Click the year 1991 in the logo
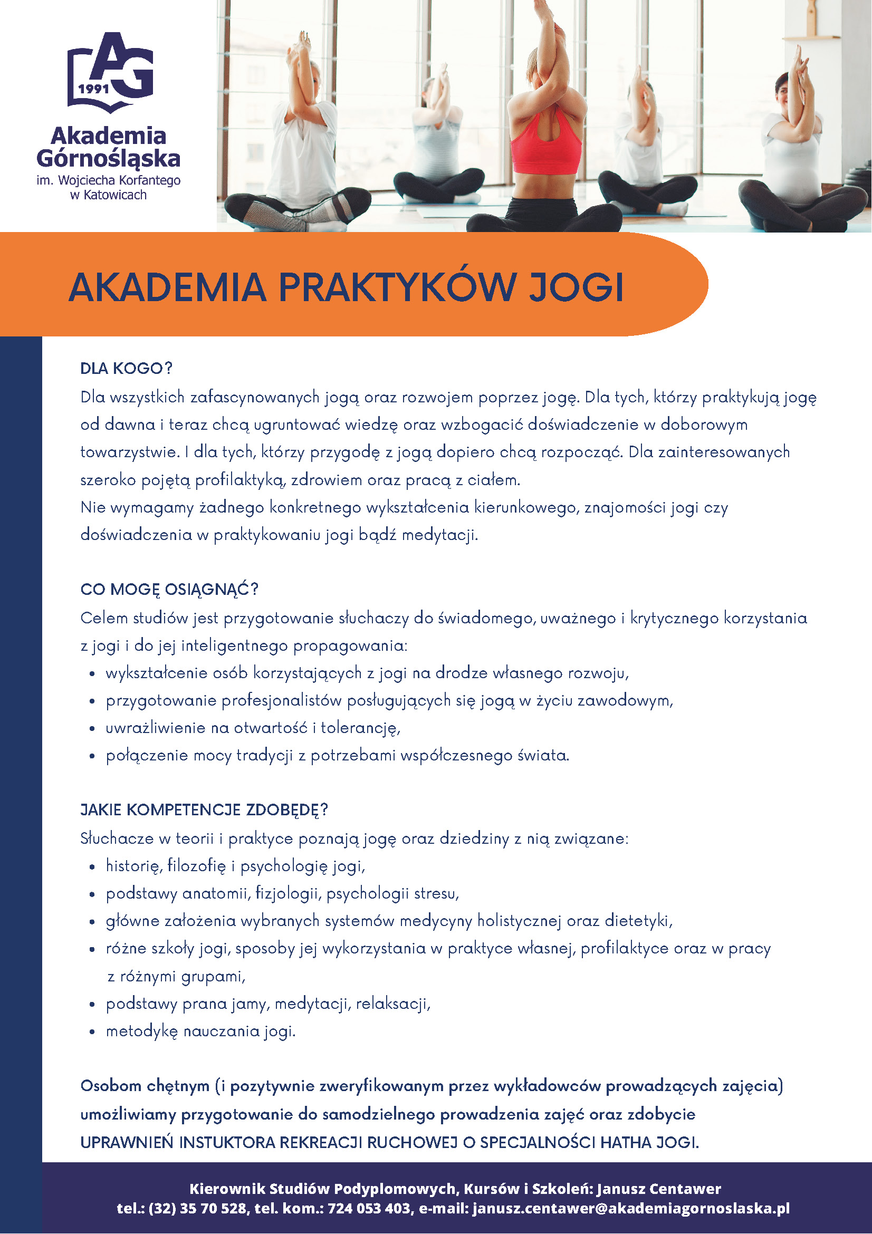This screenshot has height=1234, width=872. (93, 89)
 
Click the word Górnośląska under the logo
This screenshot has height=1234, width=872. (108, 158)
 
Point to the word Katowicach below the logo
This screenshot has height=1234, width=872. (115, 195)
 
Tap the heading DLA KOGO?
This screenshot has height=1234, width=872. (126, 369)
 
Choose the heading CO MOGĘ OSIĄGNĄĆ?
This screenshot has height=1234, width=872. (169, 590)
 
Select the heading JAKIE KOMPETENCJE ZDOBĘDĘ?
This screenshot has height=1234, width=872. (204, 810)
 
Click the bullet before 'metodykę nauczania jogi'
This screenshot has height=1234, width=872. (93, 1032)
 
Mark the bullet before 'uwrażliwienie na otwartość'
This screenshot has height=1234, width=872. (93, 729)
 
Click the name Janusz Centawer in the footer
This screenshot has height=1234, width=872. (658, 1188)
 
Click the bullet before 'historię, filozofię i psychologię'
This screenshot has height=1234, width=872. (93, 867)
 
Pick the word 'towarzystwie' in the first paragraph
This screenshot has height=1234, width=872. (129, 452)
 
